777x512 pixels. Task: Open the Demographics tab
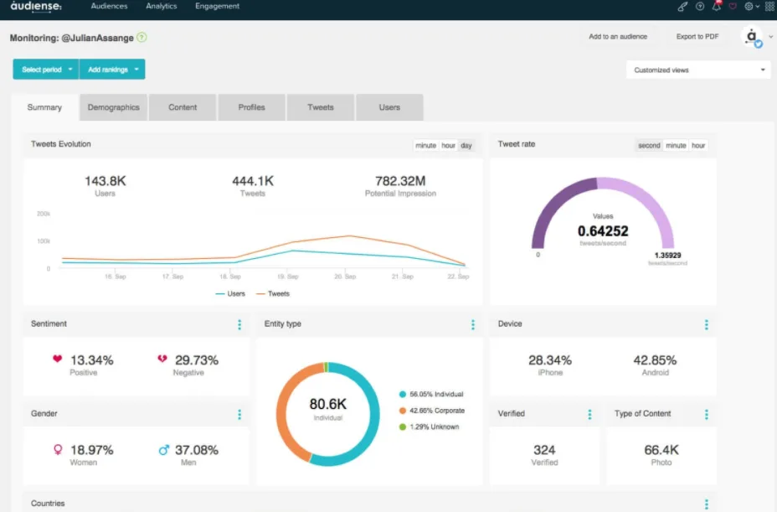click(x=113, y=107)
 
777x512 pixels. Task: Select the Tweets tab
click(x=321, y=107)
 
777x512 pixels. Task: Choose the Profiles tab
click(x=251, y=107)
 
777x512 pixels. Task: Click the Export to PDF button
click(x=697, y=37)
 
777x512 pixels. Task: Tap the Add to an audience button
click(x=618, y=37)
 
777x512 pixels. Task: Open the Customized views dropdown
click(x=699, y=70)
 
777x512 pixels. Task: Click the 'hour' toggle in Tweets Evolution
click(x=449, y=146)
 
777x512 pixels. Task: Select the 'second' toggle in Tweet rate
click(x=649, y=146)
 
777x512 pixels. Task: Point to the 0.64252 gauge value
click(x=603, y=231)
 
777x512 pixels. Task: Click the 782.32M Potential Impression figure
click(x=400, y=181)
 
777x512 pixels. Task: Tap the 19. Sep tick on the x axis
click(x=288, y=277)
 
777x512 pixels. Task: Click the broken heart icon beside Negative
click(x=162, y=359)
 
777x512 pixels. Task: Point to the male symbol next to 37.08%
click(x=163, y=450)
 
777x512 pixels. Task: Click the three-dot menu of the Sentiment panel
click(x=239, y=324)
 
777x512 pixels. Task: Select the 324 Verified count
click(x=544, y=450)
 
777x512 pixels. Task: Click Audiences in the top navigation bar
click(x=109, y=7)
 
